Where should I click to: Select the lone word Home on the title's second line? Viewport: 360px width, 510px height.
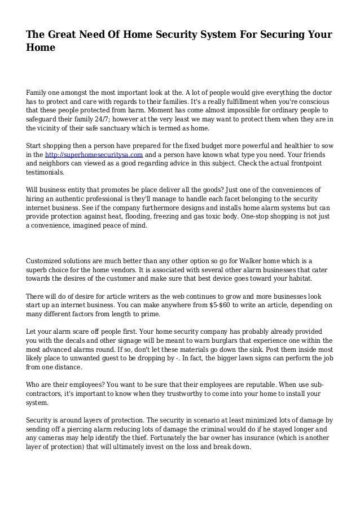(41, 49)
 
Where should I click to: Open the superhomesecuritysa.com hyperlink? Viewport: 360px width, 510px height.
(95, 154)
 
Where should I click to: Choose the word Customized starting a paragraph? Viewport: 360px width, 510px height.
(47, 261)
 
